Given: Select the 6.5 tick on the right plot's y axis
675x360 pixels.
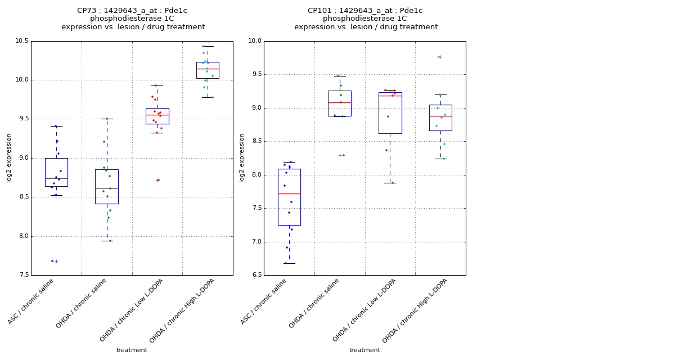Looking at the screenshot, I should click(x=256, y=275).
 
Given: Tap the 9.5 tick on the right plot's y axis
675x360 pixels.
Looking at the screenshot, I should click(x=256, y=74).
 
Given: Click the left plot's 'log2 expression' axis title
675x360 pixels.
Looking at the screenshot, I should click(x=9, y=158).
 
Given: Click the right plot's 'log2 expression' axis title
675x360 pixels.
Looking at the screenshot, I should click(x=242, y=158).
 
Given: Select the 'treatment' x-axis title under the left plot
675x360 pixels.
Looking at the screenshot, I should click(x=132, y=350).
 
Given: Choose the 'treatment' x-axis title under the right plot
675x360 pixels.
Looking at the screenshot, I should click(x=364, y=350).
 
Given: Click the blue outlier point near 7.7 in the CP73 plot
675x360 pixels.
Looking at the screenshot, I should click(x=52, y=261).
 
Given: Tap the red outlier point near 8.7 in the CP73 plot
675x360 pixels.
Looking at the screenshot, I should click(x=159, y=180).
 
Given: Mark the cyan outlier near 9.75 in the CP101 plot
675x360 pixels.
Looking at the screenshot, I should click(x=439, y=57).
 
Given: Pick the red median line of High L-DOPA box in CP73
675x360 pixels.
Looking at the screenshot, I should click(x=208, y=69).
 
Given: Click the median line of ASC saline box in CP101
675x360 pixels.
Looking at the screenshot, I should click(x=289, y=193).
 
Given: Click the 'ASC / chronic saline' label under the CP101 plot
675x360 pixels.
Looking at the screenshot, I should click(x=264, y=301).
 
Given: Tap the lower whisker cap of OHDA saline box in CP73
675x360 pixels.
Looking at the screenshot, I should click(x=107, y=241).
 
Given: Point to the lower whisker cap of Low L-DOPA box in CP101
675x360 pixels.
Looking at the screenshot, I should click(x=390, y=183).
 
